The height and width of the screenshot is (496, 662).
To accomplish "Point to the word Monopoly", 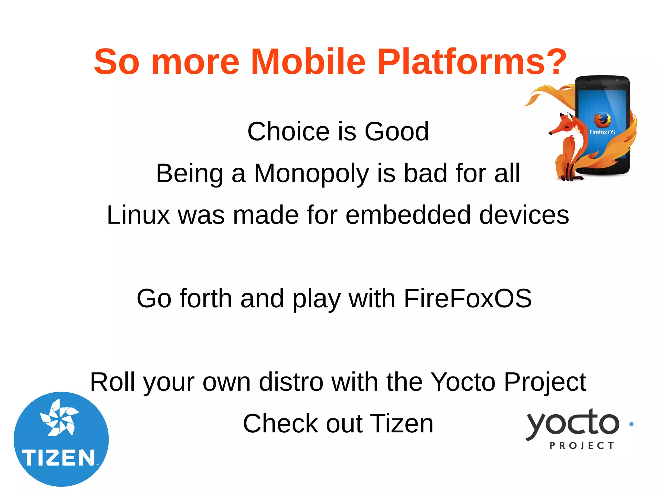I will tap(311, 174).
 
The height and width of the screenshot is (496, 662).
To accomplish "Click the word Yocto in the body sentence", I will tap(463, 382).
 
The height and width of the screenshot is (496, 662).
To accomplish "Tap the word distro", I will tap(291, 382).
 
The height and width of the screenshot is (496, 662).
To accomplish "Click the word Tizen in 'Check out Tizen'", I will tap(401, 424).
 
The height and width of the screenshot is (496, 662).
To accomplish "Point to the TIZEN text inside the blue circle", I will tap(59, 458).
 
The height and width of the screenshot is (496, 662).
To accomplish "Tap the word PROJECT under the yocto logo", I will tap(582, 446).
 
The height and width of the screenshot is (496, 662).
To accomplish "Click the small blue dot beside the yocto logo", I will tap(631, 424).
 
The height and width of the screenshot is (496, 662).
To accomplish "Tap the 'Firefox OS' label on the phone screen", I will tap(602, 132).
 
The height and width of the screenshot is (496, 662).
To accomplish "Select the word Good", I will tap(397, 132).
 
